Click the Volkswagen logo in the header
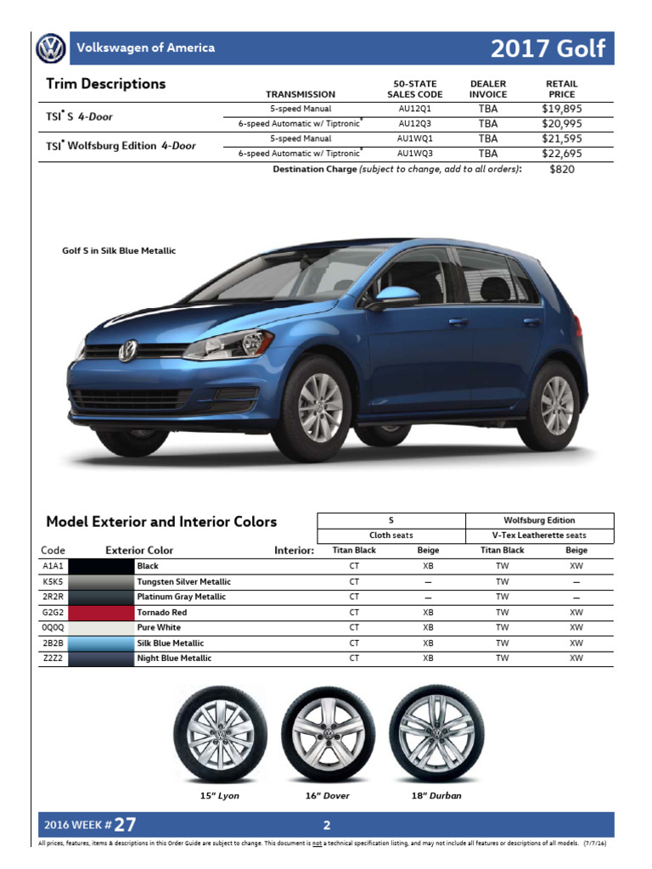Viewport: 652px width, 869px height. click(50, 48)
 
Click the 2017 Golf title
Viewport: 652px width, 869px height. click(548, 48)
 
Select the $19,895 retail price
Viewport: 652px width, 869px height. click(561, 109)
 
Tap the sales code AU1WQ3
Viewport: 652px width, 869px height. click(414, 154)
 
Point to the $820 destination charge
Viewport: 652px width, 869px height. click(561, 169)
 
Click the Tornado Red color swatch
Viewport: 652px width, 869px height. click(101, 612)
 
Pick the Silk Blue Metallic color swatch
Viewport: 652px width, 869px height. click(101, 643)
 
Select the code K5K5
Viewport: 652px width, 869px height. click(53, 581)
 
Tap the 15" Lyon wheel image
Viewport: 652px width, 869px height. click(220, 735)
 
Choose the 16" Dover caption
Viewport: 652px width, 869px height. click(327, 796)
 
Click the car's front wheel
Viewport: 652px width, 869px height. click(320, 406)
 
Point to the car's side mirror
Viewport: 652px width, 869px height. click(394, 297)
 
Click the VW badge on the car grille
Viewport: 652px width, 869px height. click(128, 350)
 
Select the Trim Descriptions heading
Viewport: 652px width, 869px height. click(106, 84)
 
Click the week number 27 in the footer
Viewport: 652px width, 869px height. click(124, 824)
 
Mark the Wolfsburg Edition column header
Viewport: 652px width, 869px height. click(539, 520)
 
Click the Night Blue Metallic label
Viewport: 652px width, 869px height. click(174, 659)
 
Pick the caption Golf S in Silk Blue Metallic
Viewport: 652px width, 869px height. click(119, 251)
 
